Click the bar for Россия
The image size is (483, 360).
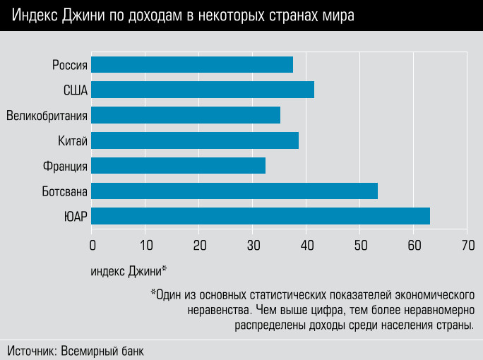click(192, 65)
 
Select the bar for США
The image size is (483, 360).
click(203, 90)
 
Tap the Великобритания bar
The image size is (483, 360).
click(186, 115)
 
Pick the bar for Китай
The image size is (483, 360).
click(195, 140)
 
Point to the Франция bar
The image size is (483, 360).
click(179, 165)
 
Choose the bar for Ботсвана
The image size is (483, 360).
click(234, 191)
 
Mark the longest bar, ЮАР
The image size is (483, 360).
click(261, 216)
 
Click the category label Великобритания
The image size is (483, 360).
click(47, 116)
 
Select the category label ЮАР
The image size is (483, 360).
click(75, 217)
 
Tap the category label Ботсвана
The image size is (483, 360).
click(64, 191)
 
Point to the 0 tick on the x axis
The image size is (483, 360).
click(92, 245)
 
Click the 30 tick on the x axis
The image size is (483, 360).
click(253, 245)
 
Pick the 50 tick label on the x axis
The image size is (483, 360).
click(360, 245)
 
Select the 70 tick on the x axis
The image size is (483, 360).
click(467, 245)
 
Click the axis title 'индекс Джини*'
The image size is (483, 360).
click(129, 271)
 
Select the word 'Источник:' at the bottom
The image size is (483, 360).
click(32, 351)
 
